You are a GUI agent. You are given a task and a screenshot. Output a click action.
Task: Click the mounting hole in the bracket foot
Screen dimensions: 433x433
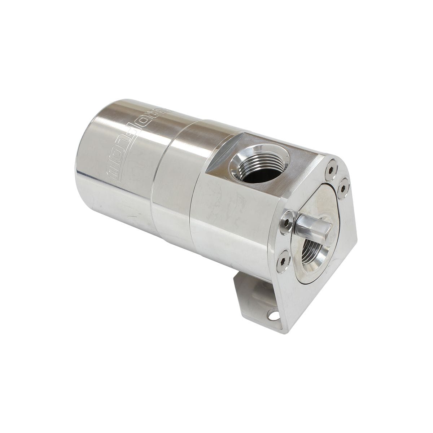275,316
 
